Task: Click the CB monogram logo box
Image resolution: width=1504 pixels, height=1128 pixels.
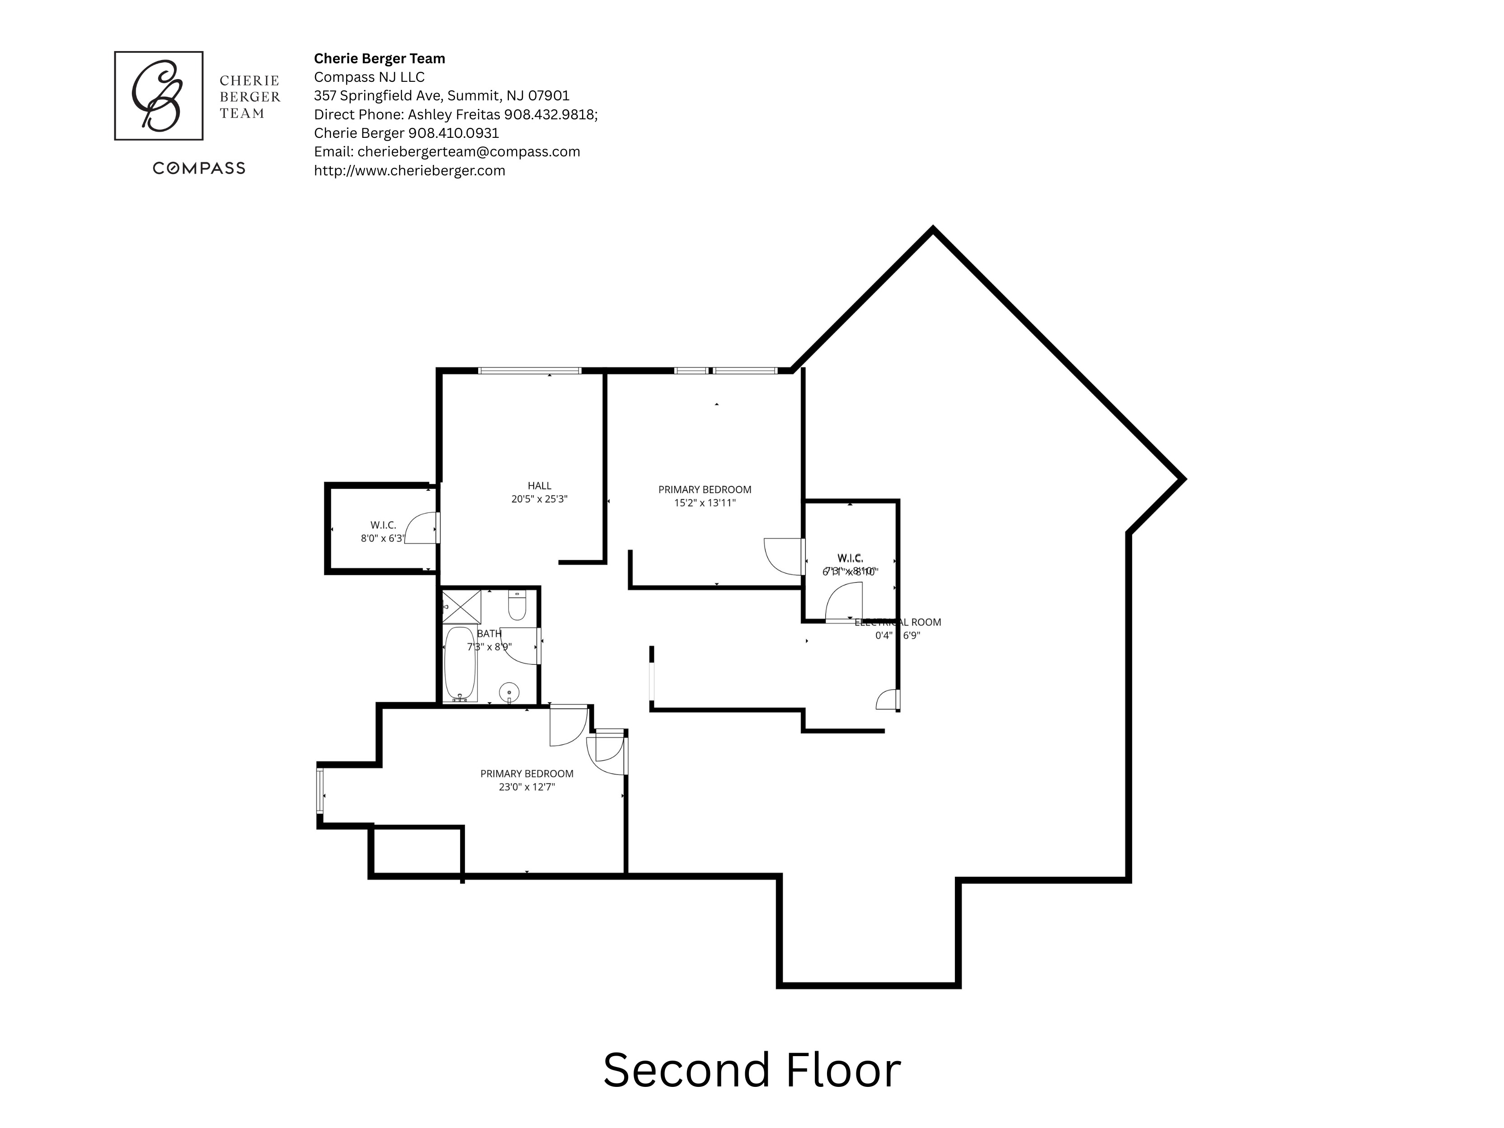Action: (x=159, y=96)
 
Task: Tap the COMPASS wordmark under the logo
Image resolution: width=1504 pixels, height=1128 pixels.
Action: (x=198, y=169)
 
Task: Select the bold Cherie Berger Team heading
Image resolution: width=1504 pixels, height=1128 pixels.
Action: (x=380, y=58)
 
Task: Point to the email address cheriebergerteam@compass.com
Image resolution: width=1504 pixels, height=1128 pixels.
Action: (x=469, y=152)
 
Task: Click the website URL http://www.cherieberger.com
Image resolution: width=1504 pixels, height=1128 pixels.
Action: (x=409, y=171)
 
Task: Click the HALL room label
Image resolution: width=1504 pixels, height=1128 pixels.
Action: (x=539, y=485)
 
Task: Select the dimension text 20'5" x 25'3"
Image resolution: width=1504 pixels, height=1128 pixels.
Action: (x=539, y=499)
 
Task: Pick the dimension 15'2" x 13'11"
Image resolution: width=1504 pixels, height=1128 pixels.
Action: (x=705, y=503)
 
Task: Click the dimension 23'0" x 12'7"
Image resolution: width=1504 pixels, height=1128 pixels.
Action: (x=527, y=787)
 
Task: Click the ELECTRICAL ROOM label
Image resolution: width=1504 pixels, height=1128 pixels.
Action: (x=898, y=622)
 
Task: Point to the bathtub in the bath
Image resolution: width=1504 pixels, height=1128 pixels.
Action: (x=461, y=663)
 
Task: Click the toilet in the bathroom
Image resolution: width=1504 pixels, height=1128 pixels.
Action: (x=517, y=606)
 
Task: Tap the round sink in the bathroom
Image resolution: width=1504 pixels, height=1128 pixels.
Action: (x=509, y=693)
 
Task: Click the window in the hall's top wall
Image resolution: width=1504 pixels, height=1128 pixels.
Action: (x=530, y=371)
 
